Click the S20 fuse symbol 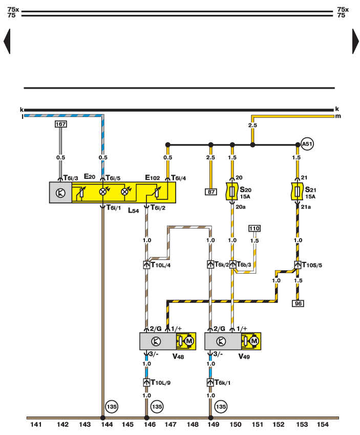point(232,192)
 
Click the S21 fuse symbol point(298,192)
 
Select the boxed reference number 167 point(61,124)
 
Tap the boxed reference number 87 point(211,192)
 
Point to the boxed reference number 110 point(255,229)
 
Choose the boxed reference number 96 point(298,303)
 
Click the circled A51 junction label point(307,144)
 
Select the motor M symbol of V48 point(189,341)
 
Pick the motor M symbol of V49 point(254,341)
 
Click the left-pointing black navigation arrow point(7,42)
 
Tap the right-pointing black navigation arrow point(355,42)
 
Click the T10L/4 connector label point(161,265)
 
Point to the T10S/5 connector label point(312,265)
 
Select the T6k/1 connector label point(222,383)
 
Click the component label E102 point(152,178)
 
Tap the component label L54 point(134,211)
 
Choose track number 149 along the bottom point(213,424)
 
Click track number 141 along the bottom point(36,424)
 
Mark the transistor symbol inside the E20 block point(60,193)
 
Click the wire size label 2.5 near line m point(252,126)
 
